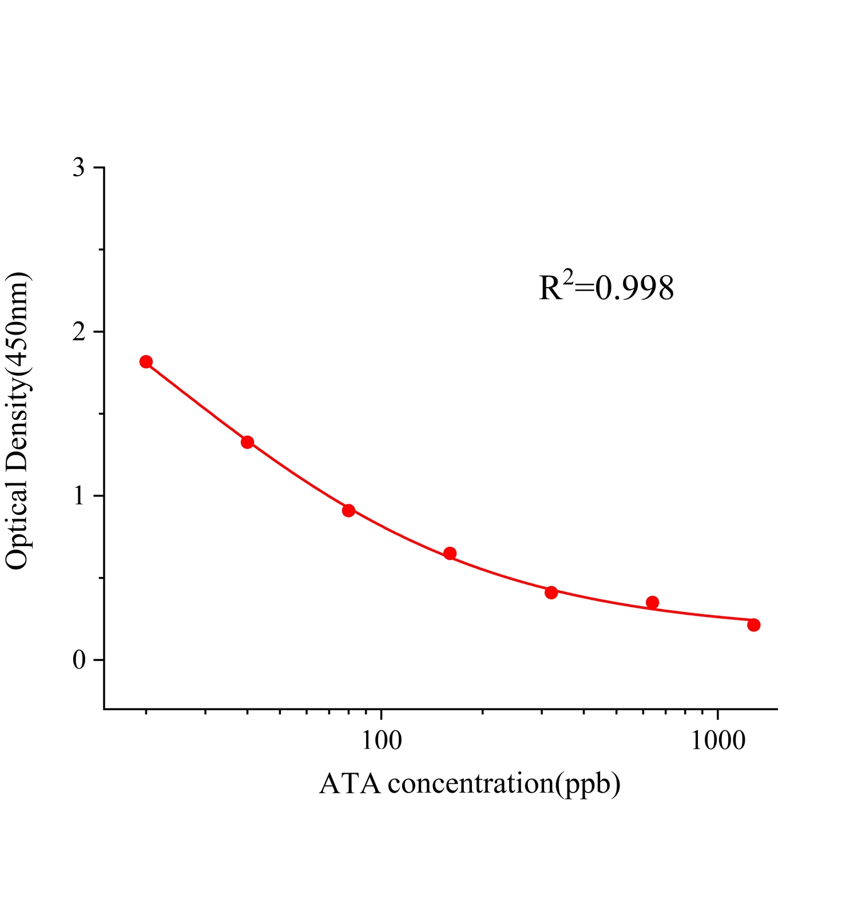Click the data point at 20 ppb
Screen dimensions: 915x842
146,361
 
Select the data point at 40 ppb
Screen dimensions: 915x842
247,442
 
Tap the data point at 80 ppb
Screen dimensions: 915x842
348,510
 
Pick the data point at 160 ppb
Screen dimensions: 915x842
450,553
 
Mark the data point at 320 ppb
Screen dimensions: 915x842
551,592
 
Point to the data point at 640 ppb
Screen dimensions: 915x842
652,602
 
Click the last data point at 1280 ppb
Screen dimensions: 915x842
753,625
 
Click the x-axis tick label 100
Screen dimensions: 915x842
382,741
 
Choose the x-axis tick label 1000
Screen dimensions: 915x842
718,741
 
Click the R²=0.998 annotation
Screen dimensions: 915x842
606,288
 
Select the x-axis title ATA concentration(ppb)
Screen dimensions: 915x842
470,783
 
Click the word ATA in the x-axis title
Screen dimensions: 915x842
349,783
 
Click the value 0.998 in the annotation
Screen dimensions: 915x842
634,289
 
